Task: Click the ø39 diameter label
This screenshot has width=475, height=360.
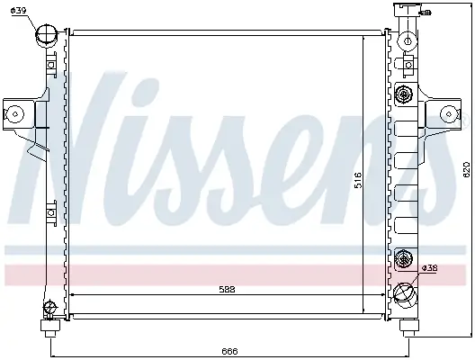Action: pos(19,10)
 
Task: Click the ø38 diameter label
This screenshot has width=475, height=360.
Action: pos(429,268)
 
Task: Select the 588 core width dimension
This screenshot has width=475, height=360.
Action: pos(227,290)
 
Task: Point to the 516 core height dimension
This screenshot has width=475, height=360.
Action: pos(358,180)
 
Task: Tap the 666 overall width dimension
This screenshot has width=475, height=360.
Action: pos(229,351)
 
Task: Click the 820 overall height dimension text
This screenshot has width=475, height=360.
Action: pos(466,169)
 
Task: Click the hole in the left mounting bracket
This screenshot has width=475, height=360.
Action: pos(15,114)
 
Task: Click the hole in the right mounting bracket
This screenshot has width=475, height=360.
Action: pos(449,114)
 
